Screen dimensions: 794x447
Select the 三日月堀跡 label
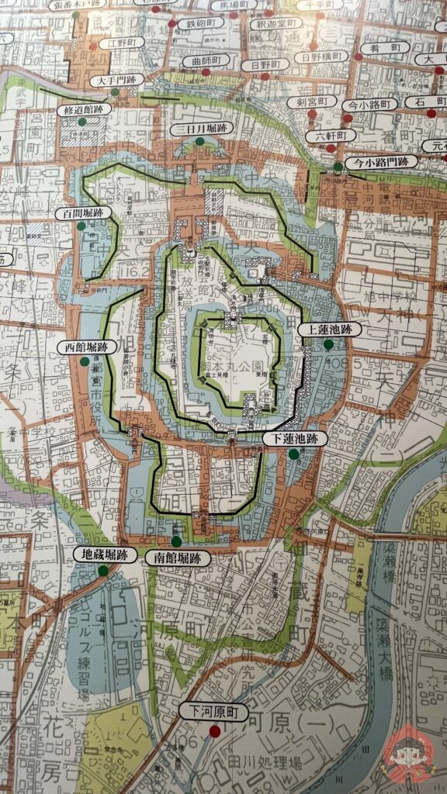200,129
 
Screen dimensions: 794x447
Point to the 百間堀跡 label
83,212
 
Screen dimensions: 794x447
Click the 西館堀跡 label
86,348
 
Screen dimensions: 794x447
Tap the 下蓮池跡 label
294,439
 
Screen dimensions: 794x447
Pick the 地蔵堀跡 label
104,554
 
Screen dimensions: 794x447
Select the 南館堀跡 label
178,558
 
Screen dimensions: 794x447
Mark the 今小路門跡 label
381,162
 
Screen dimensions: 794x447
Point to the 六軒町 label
331,136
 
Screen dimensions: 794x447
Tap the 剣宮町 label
311,102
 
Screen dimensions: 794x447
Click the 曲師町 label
206,61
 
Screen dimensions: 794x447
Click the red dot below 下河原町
215,730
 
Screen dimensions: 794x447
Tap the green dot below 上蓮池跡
328,345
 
